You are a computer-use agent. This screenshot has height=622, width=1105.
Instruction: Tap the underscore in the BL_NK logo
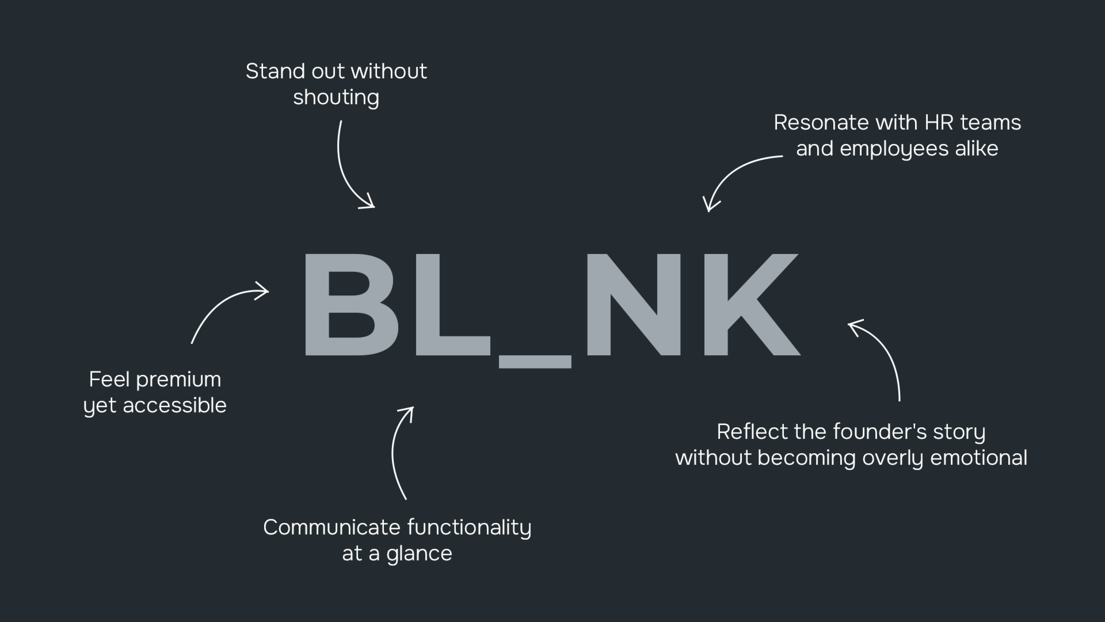[535, 361]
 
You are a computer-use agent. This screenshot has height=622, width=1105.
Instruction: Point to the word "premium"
[178, 380]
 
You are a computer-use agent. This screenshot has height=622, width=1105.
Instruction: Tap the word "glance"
[419, 553]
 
